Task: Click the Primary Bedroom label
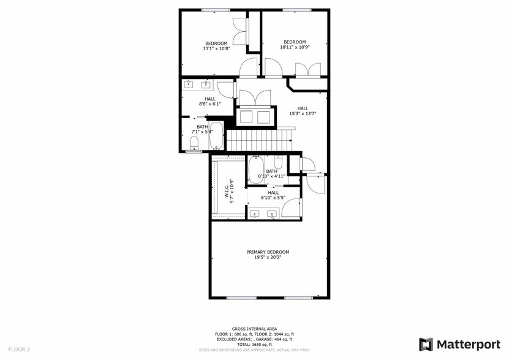pos(268,252)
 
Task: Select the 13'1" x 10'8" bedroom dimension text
pos(216,48)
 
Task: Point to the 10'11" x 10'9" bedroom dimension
pos(295,47)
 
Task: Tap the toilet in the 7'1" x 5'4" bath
pos(194,144)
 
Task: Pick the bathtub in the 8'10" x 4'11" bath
pos(256,169)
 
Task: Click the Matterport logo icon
pos(426,344)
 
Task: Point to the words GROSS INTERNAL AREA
pos(254,329)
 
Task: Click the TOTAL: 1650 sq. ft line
pos(254,344)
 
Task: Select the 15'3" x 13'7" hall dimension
pos(303,113)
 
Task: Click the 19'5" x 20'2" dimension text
pos(268,257)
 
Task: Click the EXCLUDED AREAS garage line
pos(254,339)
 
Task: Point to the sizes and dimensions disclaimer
pos(254,350)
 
